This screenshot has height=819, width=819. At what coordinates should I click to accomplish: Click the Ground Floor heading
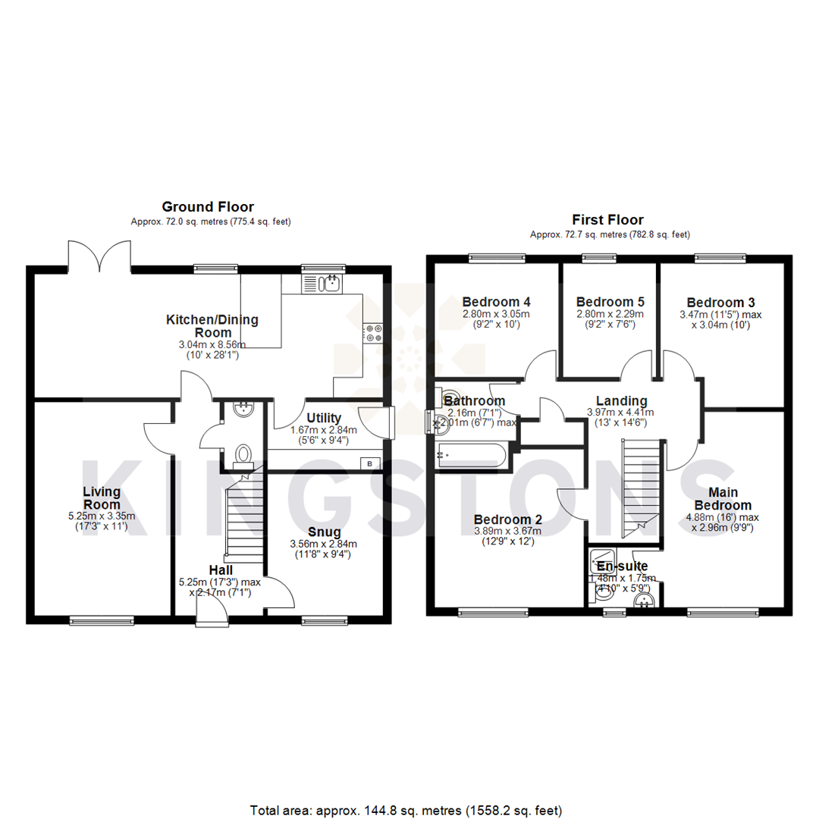pos(207,206)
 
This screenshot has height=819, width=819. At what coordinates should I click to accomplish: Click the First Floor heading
pos(607,220)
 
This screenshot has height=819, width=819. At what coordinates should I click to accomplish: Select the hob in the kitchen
pos(373,331)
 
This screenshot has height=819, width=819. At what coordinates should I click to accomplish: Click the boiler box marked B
pos(371,463)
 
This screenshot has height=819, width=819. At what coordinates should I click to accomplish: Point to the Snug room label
pos(324,532)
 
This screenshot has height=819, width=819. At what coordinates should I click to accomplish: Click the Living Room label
pos(102,498)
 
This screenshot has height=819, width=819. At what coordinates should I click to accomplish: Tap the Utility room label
pos(324,418)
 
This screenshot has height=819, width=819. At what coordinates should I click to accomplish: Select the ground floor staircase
pos(244,516)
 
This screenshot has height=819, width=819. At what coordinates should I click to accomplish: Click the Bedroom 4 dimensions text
pos(496,318)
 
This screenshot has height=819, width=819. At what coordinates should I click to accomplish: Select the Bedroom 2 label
pos(507,519)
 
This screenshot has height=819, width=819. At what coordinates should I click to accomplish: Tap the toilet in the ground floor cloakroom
pos(244,454)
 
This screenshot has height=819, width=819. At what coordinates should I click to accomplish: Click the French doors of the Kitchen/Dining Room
pos(99,256)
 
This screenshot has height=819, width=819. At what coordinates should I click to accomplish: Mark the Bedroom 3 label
pos(720,301)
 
